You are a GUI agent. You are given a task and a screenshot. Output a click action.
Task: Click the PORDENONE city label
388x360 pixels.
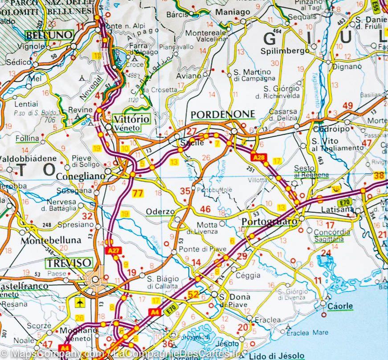point(222,114)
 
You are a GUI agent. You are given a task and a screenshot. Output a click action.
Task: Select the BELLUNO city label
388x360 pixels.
point(49,35)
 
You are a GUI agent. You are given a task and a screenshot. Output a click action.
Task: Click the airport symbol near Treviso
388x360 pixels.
point(80,303)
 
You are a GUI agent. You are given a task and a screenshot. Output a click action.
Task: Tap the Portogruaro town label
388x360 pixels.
point(269,221)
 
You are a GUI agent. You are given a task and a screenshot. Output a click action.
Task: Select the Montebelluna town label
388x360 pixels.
point(51,240)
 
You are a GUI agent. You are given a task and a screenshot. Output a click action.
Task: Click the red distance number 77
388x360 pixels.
point(138,193)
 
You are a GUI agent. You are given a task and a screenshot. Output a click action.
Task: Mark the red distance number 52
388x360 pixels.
point(193,294)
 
